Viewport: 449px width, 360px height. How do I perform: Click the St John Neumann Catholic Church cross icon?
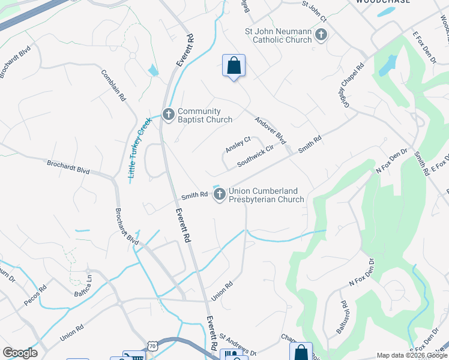click(x=321, y=35)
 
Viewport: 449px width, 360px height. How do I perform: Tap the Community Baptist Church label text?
click(x=205, y=115)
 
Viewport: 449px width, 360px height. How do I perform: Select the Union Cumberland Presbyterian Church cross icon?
click(x=220, y=194)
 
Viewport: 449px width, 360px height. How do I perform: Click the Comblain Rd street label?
click(x=113, y=85)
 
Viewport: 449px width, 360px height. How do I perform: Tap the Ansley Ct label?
click(x=238, y=145)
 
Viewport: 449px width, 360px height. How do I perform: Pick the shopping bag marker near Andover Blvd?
click(x=234, y=65)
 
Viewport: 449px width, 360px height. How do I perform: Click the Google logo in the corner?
click(x=20, y=353)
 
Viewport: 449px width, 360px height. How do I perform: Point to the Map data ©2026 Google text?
click(x=411, y=355)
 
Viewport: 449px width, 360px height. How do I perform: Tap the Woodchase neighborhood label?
click(x=383, y=2)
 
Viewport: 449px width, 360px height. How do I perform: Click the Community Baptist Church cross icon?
click(x=169, y=114)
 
